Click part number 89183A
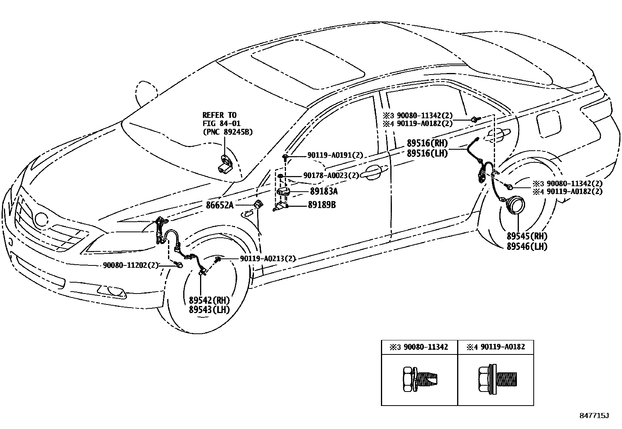(324, 191)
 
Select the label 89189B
(322, 205)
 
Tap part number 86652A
(220, 205)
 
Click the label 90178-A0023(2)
(331, 176)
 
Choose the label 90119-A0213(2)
(268, 259)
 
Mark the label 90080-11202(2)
(131, 265)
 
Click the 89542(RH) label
(209, 301)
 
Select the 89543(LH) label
(209, 310)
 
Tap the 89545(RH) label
(527, 236)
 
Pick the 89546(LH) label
(527, 246)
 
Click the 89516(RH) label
(427, 143)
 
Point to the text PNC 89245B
(227, 132)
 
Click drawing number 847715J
(594, 415)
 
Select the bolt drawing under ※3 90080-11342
(419, 378)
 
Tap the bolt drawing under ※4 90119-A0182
(495, 378)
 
